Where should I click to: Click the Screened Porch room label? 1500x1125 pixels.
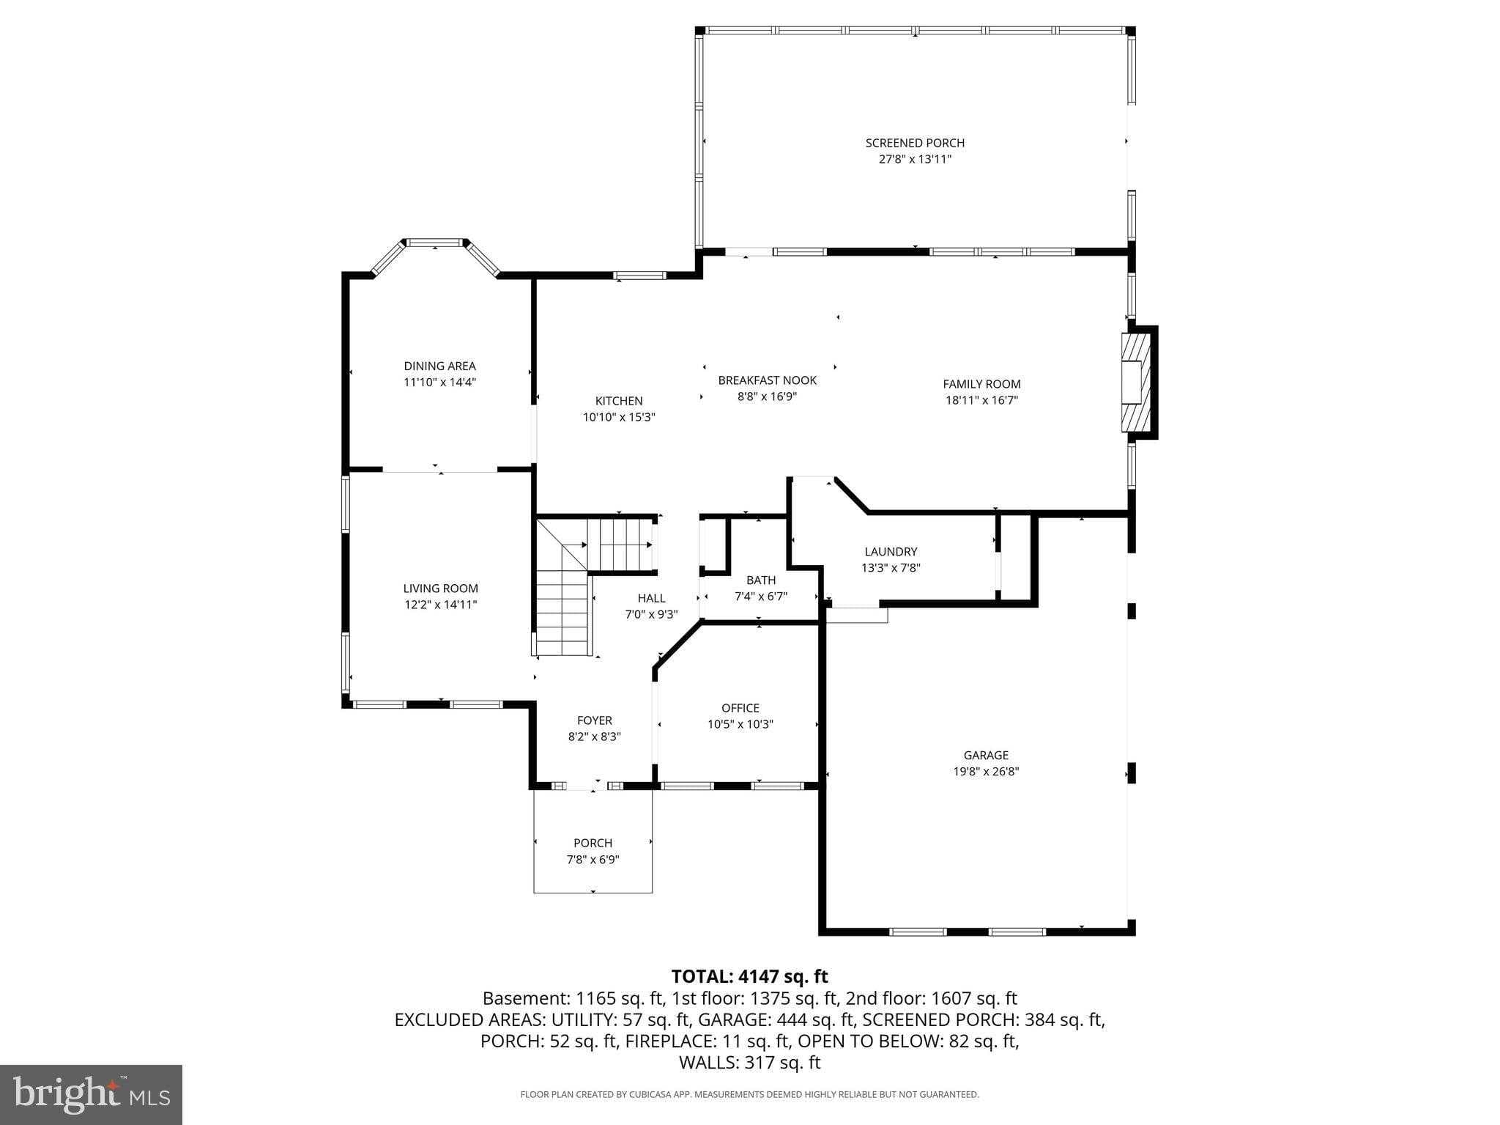pos(915,143)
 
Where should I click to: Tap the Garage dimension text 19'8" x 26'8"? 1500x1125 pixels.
pos(986,771)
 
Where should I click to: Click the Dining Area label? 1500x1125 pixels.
pos(439,366)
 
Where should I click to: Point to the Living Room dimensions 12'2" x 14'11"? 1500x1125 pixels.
pos(440,605)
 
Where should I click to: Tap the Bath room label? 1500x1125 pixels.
pos(761,580)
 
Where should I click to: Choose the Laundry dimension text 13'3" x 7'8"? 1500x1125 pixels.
pos(891,567)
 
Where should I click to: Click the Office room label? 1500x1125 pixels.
pos(740,708)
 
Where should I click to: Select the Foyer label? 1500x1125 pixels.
pos(594,720)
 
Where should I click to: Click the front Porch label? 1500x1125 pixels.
pos(593,843)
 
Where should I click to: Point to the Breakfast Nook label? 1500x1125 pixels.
pos(767,380)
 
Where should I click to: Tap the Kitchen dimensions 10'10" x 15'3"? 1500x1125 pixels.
pos(619,417)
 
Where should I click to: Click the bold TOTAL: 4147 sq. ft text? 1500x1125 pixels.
pos(749,976)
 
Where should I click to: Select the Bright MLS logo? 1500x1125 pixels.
pos(91,1094)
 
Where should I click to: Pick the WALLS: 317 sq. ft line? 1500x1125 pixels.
pos(749,1063)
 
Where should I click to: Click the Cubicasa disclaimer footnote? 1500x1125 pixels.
pos(749,1095)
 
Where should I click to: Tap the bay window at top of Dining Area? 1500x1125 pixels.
pos(436,243)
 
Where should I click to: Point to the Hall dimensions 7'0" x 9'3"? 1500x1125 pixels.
pos(651,615)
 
